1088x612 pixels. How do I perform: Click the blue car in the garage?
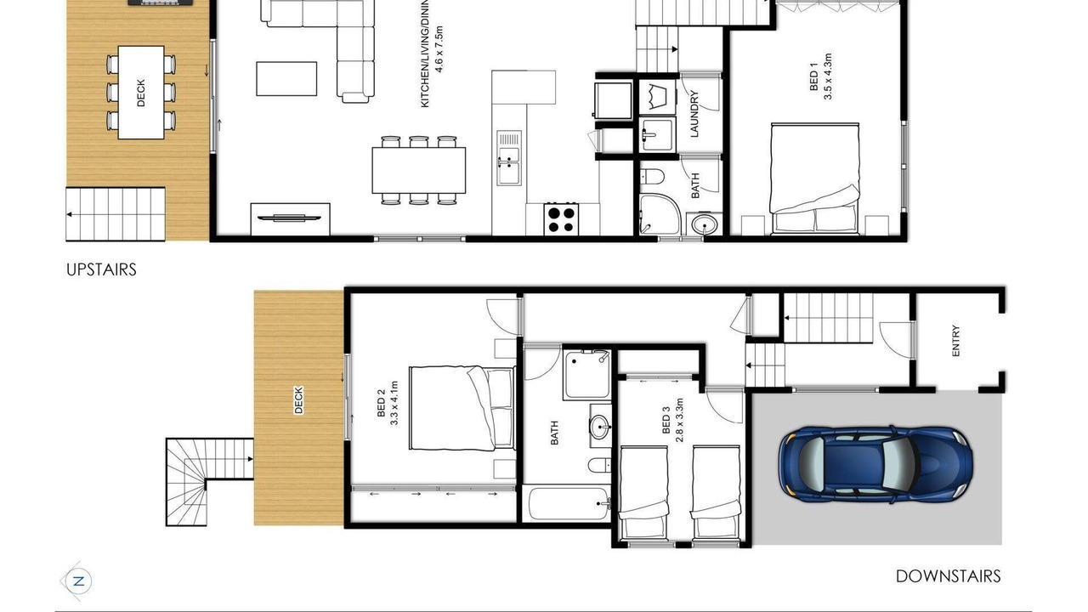(x=875, y=464)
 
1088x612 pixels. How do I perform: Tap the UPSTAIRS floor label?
(x=101, y=269)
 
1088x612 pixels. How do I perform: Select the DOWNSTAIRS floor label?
(x=948, y=576)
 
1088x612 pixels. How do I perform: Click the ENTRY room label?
(x=956, y=341)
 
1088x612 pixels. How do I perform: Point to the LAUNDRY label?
(x=694, y=114)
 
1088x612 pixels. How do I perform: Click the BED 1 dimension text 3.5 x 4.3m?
(x=828, y=76)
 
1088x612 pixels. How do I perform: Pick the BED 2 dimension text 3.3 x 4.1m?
(x=394, y=403)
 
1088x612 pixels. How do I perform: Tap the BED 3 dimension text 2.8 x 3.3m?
(x=679, y=421)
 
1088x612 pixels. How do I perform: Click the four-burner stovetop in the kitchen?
(x=562, y=219)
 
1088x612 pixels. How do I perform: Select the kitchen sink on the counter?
(x=508, y=158)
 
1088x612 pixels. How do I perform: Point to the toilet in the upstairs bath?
(x=652, y=177)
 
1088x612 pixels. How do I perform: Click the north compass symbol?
(x=78, y=581)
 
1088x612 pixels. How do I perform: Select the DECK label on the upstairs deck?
(x=141, y=93)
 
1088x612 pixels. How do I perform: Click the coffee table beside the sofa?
(x=286, y=79)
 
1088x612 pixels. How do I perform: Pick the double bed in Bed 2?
(x=462, y=409)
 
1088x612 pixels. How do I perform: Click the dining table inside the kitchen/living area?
(x=419, y=171)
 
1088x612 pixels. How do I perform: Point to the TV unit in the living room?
(x=290, y=219)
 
